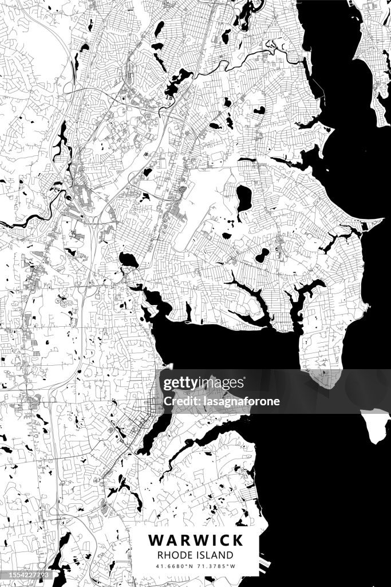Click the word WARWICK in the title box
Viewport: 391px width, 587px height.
tap(196, 540)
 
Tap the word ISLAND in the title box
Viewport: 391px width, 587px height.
tap(215, 555)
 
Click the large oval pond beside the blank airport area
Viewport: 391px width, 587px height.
tap(244, 198)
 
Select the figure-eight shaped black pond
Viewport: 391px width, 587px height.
tap(262, 255)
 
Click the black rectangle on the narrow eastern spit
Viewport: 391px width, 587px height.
tap(365, 228)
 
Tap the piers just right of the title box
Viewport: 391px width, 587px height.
tap(264, 564)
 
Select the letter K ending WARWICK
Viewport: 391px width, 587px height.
tap(237, 540)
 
